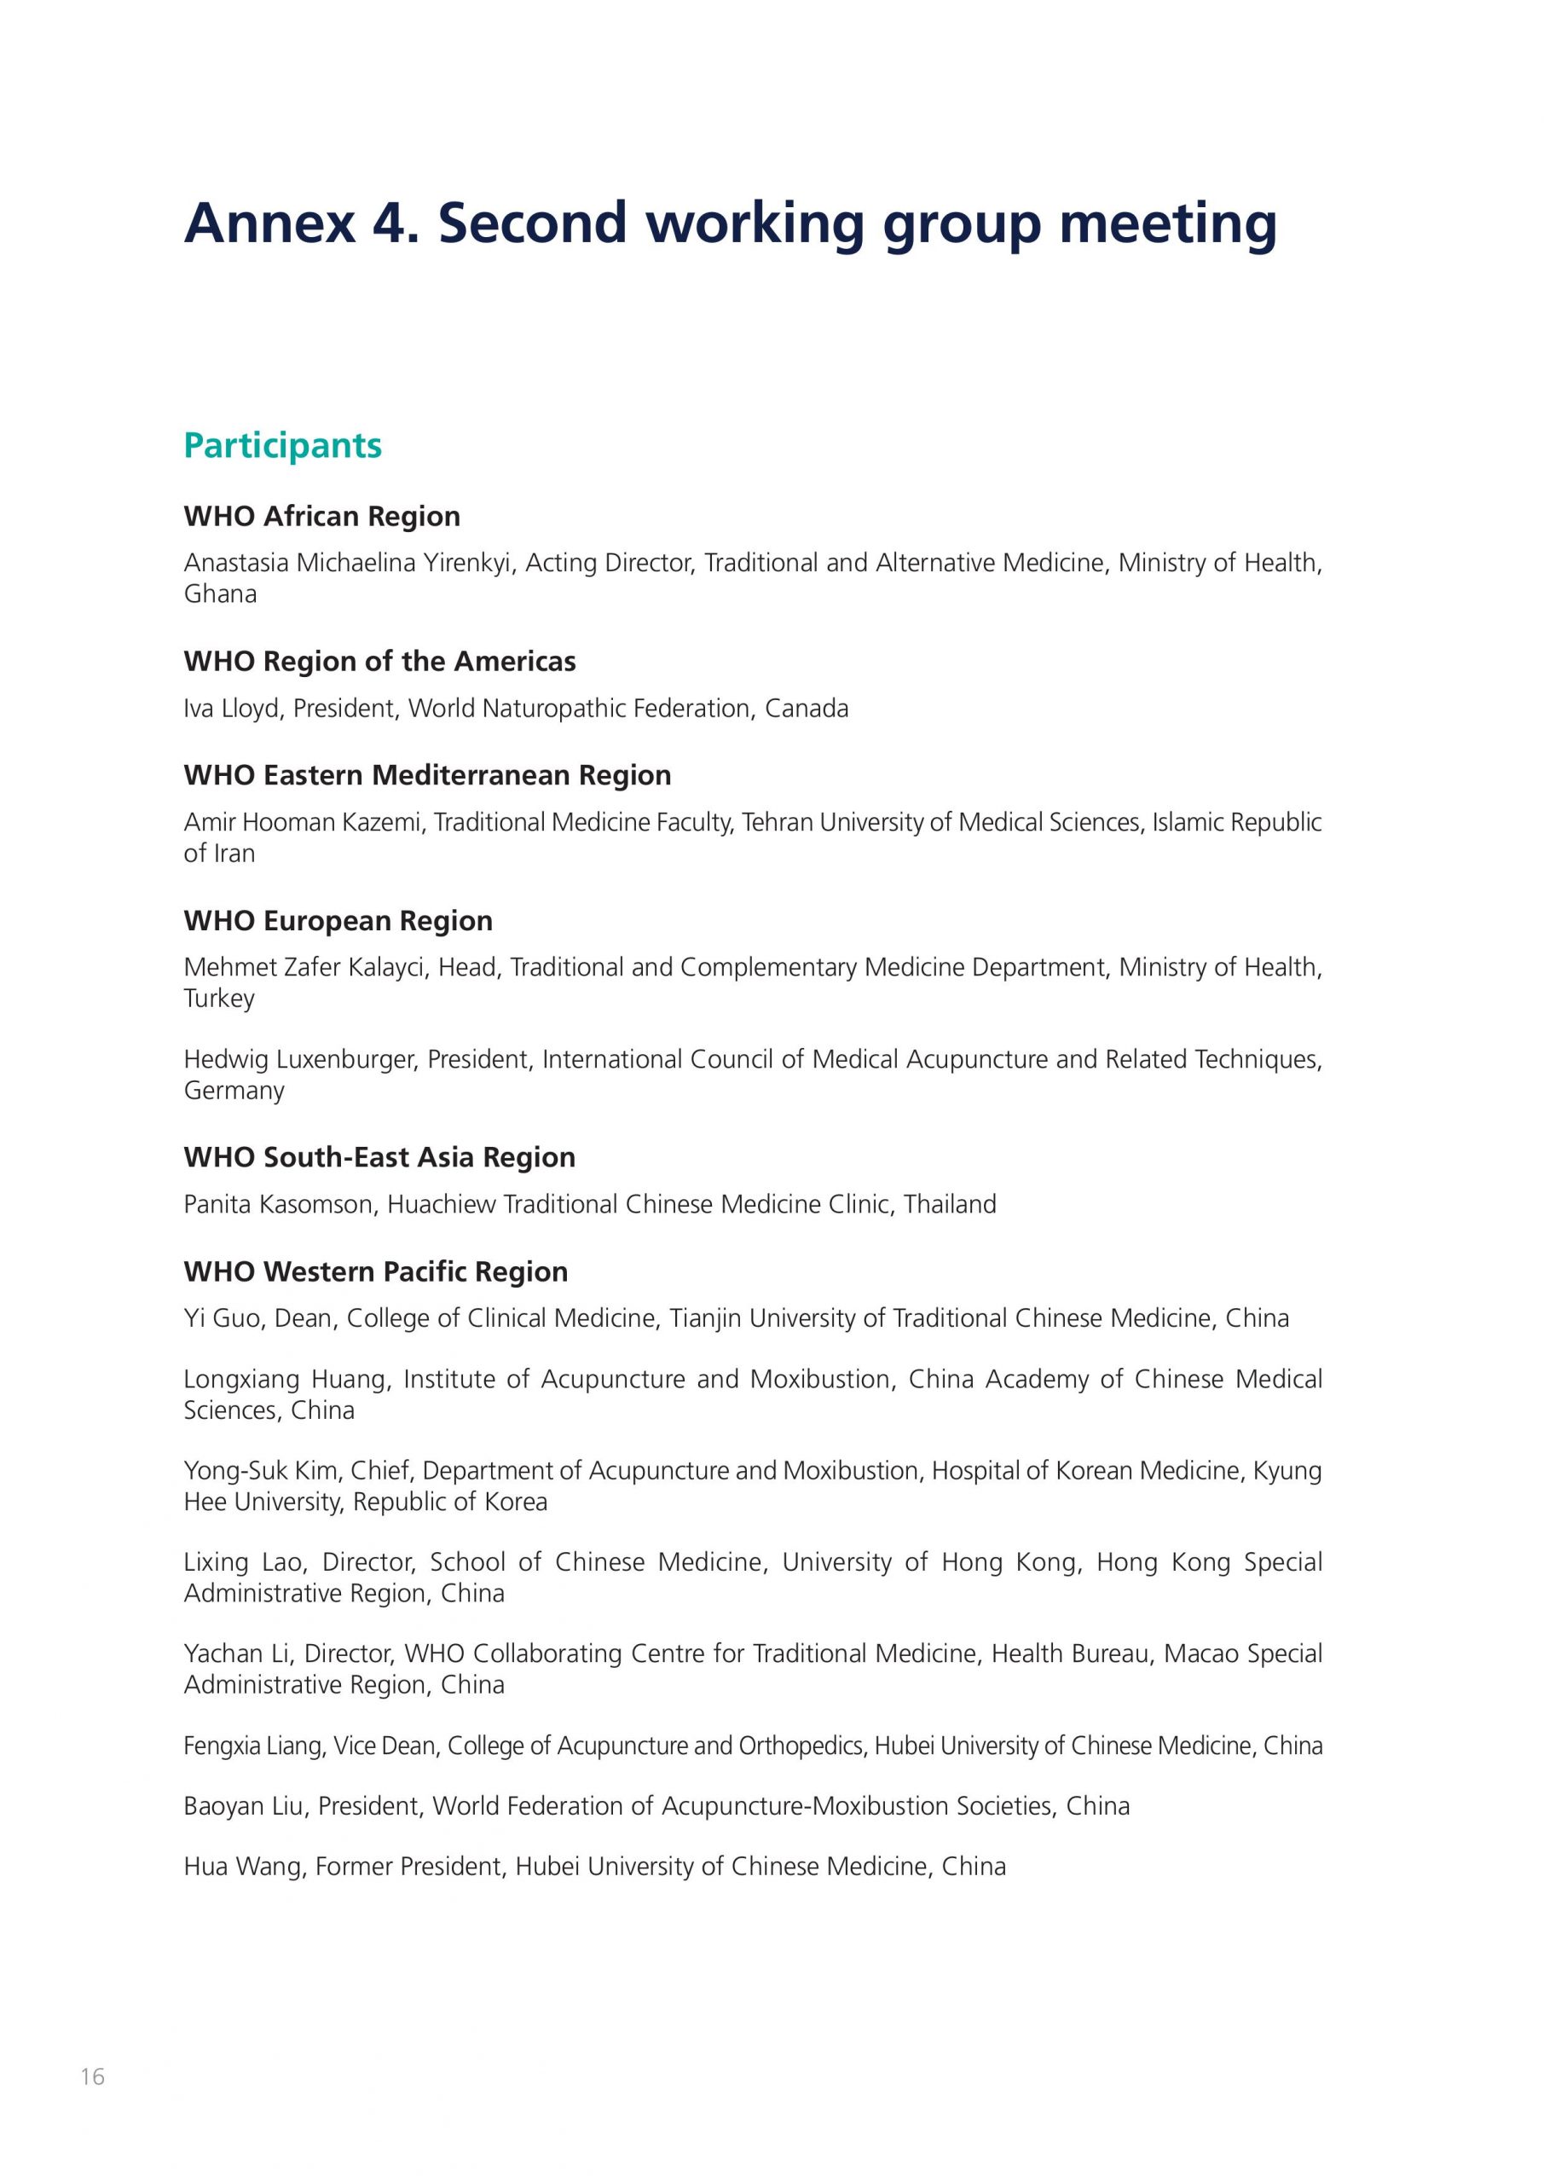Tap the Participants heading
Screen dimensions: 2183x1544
pos(282,445)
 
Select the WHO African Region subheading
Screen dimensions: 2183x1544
pos(321,516)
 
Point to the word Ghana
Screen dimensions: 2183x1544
pos(220,594)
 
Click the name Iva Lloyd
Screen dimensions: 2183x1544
pos(232,709)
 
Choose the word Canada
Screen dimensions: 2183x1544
pos(807,709)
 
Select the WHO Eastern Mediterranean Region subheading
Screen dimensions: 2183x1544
pos(427,775)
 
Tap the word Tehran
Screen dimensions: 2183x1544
pos(777,821)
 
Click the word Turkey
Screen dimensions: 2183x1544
pos(218,999)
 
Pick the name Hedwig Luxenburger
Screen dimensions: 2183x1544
pos(298,1059)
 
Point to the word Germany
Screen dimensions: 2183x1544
pos(234,1091)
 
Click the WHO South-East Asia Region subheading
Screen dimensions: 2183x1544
pos(379,1157)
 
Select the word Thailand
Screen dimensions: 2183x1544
pos(950,1204)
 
